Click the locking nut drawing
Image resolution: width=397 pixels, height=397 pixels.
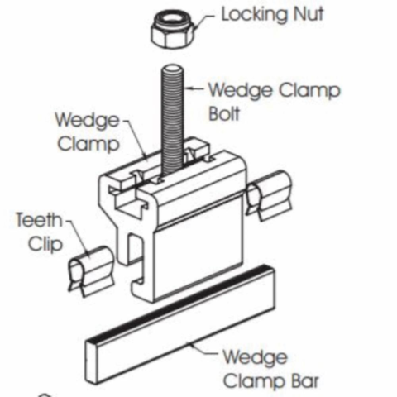[x=173, y=30]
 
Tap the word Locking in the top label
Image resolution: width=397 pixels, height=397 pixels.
[x=255, y=15]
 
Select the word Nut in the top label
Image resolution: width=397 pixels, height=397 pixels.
[x=308, y=14]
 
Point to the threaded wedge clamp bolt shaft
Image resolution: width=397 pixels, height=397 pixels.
[x=172, y=122]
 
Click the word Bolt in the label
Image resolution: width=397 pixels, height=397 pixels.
[x=224, y=113]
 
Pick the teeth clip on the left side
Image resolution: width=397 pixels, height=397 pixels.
[x=91, y=271]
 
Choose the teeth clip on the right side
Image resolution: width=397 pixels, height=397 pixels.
[x=269, y=196]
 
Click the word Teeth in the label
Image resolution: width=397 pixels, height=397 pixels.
[x=39, y=220]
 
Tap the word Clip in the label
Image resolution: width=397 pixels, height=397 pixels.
[x=45, y=244]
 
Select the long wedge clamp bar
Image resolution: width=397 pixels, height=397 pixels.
[x=180, y=324]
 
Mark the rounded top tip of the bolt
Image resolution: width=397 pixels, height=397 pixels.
[x=173, y=68]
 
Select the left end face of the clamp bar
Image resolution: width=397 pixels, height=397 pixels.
[x=92, y=361]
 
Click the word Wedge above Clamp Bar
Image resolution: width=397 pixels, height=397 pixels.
[x=255, y=357]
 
